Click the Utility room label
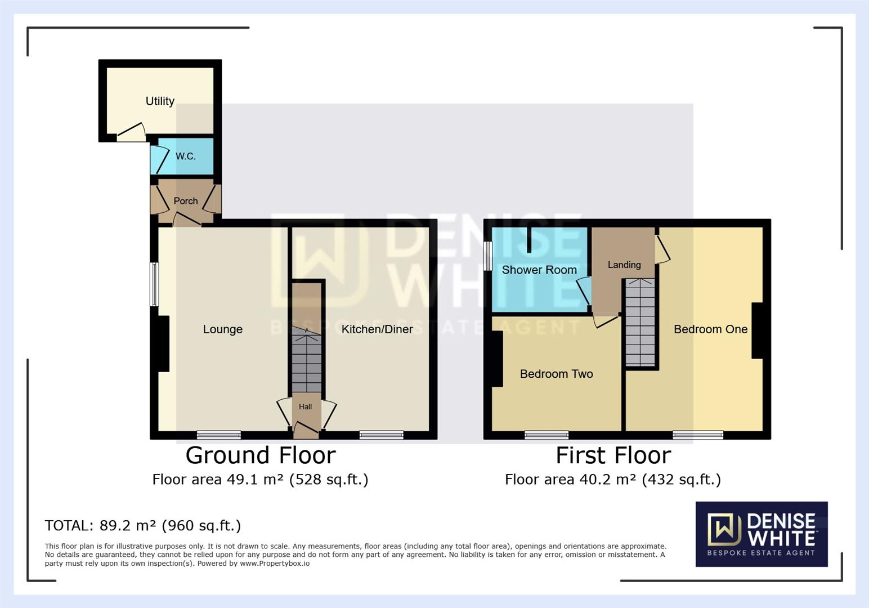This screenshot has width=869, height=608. tap(160, 101)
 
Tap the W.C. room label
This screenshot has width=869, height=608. tap(185, 156)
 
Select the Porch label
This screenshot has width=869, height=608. tap(185, 201)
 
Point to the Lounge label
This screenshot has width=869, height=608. tap(222, 329)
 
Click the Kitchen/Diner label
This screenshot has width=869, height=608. tap(377, 329)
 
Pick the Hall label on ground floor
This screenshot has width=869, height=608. tap(305, 406)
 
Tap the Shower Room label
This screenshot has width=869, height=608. tap(539, 270)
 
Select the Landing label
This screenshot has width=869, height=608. tap(624, 265)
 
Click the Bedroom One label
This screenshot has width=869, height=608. tap(710, 329)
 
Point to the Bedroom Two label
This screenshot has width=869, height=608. tap(556, 374)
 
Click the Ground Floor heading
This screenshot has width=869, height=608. tap(261, 455)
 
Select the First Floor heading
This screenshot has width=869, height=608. tap(613, 455)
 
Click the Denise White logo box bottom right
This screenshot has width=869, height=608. tap(761, 534)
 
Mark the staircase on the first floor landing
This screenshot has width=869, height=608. tap(640, 324)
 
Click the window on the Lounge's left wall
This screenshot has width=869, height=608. tap(154, 284)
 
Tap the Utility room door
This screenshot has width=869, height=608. tap(131, 133)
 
